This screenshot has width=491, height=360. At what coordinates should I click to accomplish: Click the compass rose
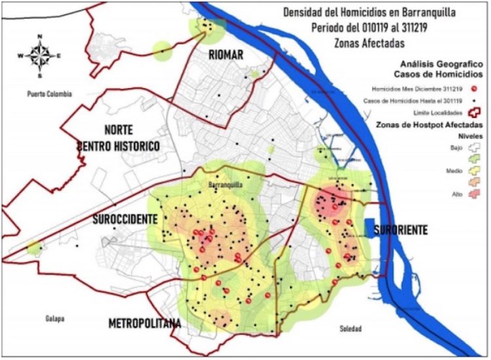[x=41, y=54]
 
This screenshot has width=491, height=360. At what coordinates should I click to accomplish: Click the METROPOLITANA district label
[x=144, y=323]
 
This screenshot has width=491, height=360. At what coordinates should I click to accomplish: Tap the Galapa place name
[x=55, y=319]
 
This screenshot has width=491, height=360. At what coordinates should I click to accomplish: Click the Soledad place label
[x=351, y=328]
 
